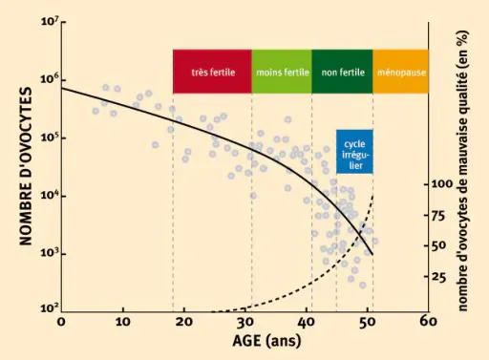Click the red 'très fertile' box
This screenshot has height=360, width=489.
[212, 72]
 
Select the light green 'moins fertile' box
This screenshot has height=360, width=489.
[282, 72]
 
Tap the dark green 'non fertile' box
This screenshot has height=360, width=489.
[342, 72]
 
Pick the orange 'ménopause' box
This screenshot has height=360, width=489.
[401, 72]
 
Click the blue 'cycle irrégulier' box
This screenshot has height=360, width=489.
[354, 152]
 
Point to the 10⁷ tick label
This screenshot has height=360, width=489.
[50, 22]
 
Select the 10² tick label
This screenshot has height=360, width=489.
[50, 307]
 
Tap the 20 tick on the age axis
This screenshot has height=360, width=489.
[184, 322]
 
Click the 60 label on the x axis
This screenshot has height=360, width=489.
[428, 322]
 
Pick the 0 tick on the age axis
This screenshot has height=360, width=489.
[61, 322]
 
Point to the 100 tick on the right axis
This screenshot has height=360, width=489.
[442, 184]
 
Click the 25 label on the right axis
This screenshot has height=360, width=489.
[439, 277]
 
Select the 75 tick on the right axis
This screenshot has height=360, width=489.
[439, 216]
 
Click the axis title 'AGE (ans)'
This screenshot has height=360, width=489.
[266, 341]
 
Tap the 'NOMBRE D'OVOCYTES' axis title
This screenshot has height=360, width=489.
[26, 166]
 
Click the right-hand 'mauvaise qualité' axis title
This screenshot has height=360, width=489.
[462, 171]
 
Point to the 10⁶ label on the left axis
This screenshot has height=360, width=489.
[50, 79]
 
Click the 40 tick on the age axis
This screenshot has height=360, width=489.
[306, 322]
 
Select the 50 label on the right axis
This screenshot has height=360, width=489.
[439, 245]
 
